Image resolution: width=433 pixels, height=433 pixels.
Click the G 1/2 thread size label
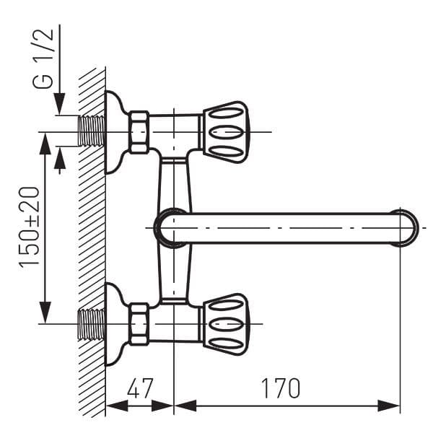(x=43, y=58)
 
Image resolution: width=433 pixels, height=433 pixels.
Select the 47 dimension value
(x=140, y=388)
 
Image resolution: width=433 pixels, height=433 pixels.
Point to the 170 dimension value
(x=280, y=388)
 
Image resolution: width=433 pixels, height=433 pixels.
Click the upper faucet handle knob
(x=226, y=132)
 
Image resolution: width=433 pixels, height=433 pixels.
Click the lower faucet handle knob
(x=226, y=324)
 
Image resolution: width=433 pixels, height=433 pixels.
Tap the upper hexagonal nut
(x=139, y=132)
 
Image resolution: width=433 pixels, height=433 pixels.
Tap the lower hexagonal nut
(x=139, y=324)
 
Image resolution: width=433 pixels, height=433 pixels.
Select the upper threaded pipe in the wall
(x=92, y=131)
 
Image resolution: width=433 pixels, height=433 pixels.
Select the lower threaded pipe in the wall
(x=92, y=325)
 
